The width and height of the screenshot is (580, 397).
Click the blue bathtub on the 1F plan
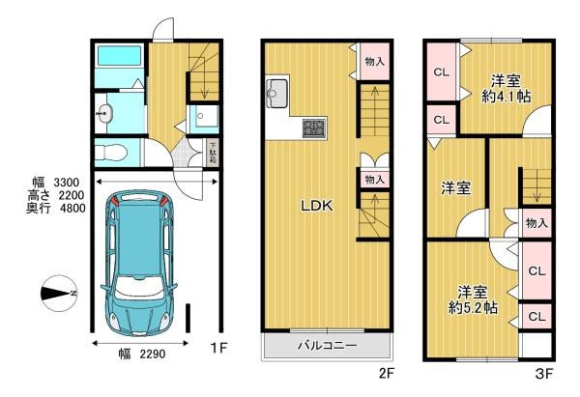coord(119,66)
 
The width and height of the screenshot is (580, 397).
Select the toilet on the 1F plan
coord(109,152)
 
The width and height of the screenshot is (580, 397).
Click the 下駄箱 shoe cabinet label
coord(213,154)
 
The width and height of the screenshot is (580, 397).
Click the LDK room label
coord(316,206)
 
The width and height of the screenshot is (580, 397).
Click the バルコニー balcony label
coord(327,345)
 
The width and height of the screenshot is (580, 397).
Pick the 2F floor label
coord(385,371)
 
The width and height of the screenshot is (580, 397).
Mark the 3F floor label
coord(543,371)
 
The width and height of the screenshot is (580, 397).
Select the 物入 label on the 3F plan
coord(536,223)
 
